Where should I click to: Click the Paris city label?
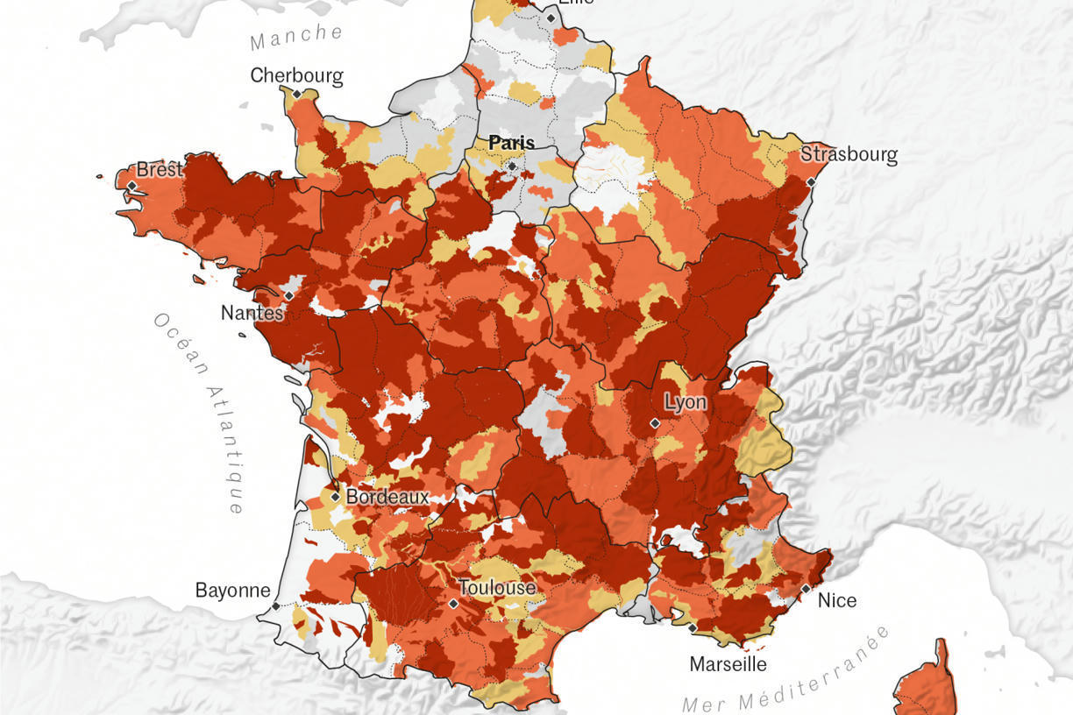click(x=511, y=142)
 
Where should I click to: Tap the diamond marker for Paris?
click(x=512, y=165)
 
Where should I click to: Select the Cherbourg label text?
click(x=296, y=75)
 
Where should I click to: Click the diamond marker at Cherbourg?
click(x=297, y=94)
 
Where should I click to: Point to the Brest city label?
click(x=159, y=169)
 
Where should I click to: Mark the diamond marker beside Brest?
click(x=131, y=186)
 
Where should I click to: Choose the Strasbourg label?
click(x=849, y=155)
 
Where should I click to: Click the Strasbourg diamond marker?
click(x=811, y=181)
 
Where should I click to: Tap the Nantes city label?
click(x=252, y=313)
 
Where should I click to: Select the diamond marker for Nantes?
click(x=288, y=296)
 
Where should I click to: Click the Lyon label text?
click(x=685, y=403)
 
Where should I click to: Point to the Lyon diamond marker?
click(x=655, y=423)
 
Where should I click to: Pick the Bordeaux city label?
click(x=387, y=497)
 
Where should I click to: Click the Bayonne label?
click(x=232, y=590)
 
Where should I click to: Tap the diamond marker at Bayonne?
click(x=275, y=605)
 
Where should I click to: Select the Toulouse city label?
click(x=496, y=587)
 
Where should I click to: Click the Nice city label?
click(x=836, y=600)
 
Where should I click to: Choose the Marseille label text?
click(x=728, y=663)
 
